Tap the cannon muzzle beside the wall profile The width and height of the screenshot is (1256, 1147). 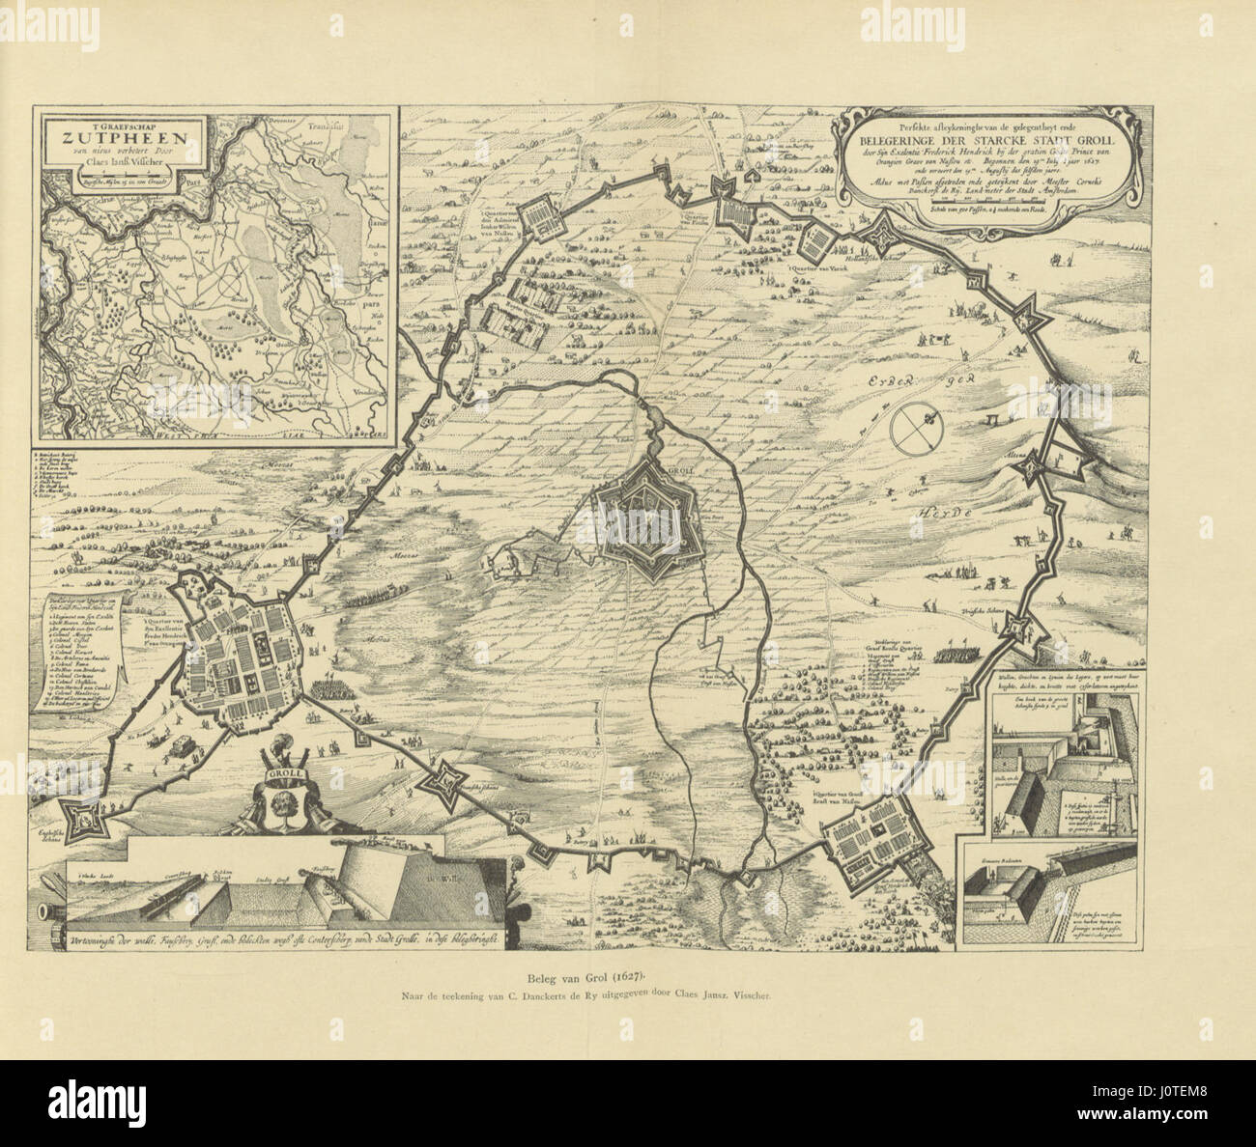[x=44, y=910]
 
